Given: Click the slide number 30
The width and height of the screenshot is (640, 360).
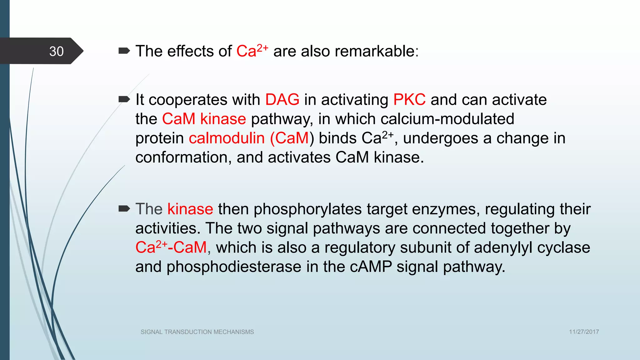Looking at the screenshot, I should (57, 52).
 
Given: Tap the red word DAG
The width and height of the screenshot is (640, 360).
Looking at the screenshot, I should (282, 100).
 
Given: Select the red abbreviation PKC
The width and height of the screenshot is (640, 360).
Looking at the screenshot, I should (409, 100).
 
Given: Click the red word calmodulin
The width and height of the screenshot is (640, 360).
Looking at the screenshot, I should (227, 138).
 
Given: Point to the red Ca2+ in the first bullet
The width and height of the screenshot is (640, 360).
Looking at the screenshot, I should (252, 51).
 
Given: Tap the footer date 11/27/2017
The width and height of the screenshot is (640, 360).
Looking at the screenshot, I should (584, 332).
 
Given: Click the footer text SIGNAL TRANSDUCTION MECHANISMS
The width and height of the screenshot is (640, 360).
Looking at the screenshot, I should (197, 332).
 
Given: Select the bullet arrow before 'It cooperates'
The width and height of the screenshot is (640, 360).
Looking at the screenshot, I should (124, 100).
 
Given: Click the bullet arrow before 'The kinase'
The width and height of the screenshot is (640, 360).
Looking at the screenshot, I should (124, 209).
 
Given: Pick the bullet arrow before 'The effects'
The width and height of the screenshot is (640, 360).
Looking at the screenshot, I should (124, 51).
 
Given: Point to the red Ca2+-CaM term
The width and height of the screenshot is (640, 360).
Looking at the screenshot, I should (171, 247).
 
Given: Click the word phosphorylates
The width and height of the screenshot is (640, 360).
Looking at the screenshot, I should (307, 209).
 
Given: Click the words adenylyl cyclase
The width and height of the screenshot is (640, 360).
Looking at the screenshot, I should (532, 248).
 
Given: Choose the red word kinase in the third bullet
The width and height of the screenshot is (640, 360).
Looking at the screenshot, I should (190, 209).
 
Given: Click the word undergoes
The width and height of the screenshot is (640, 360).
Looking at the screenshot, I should (441, 138).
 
